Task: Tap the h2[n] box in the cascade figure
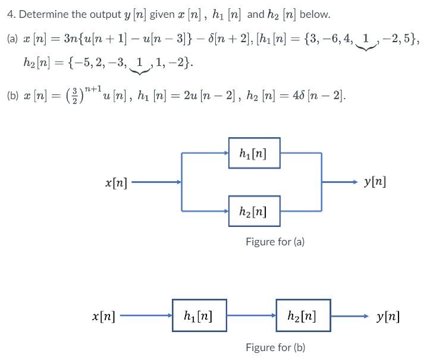[303, 315]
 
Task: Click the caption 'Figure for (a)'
[275, 242]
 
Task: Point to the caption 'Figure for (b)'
[275, 347]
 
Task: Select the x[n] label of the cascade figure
[103, 315]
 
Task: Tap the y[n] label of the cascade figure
[388, 315]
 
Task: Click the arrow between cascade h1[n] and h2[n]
[251, 315]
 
